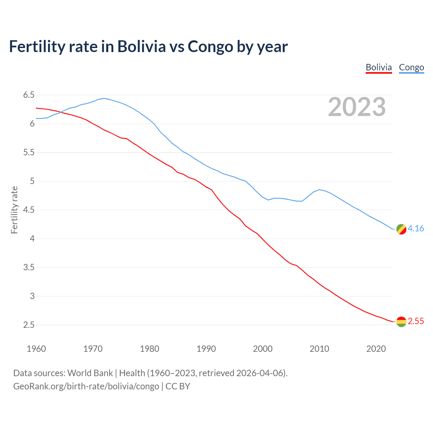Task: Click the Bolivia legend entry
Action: point(379,67)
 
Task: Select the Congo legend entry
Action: point(411,67)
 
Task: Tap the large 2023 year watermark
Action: point(357,107)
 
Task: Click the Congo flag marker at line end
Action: point(401,229)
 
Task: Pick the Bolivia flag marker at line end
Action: point(401,322)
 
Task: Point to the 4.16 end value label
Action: point(416,229)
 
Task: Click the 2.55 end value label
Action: point(416,321)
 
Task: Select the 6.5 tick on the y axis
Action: point(29,95)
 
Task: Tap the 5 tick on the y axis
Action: point(32,181)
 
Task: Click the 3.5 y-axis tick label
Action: point(29,268)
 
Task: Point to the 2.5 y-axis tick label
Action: point(29,325)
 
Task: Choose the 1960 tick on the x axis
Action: point(36,349)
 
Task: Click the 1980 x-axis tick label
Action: point(150,349)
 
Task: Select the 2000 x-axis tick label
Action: point(263,349)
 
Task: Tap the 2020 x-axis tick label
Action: point(376,349)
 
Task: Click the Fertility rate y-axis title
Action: point(14,210)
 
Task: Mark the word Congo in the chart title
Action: point(210,47)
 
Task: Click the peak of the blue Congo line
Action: point(104,98)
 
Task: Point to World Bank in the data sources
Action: point(90,373)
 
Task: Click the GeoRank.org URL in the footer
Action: point(86,386)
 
